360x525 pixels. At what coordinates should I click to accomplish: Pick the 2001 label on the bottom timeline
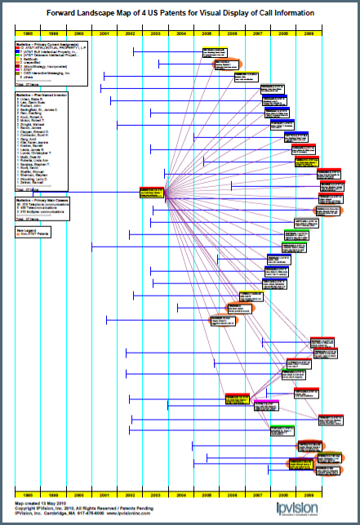coord(105,494)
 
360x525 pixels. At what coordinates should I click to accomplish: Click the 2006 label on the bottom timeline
coord(233,494)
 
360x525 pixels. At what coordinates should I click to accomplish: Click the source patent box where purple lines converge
coord(152,192)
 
